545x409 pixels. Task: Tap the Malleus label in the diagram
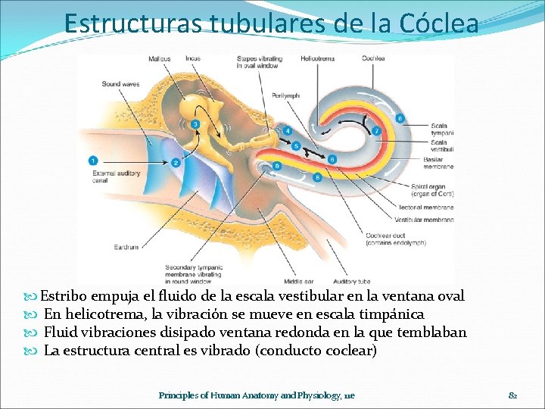[x=160, y=58]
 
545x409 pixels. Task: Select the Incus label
[x=193, y=58]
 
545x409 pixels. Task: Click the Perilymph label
[x=287, y=95]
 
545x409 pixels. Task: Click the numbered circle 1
[x=92, y=160]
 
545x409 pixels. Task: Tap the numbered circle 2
[x=176, y=161]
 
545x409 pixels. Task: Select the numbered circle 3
[x=195, y=123]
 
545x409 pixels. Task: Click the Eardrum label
[x=126, y=247]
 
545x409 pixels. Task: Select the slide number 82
[x=512, y=395]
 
